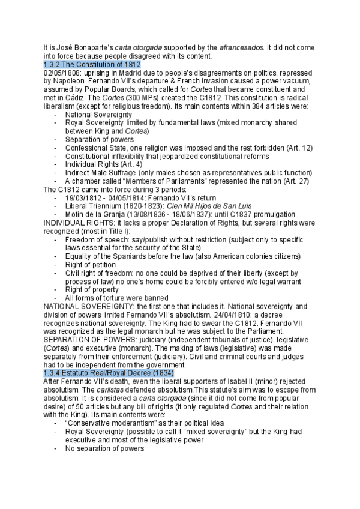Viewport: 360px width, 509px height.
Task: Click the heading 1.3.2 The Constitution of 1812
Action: coord(92,64)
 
